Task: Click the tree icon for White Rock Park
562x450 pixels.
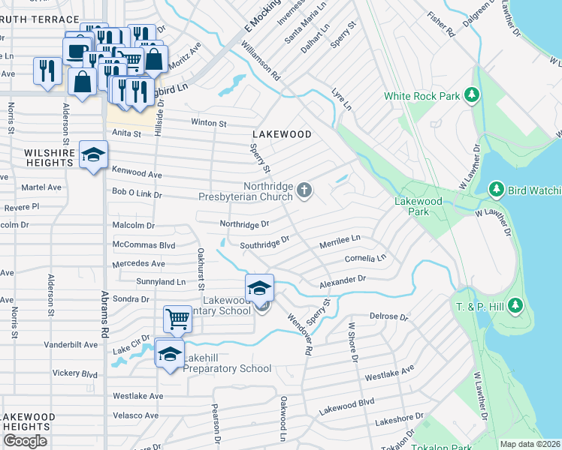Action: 472,95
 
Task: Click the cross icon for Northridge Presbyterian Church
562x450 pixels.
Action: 304,190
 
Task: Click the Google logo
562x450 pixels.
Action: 25,441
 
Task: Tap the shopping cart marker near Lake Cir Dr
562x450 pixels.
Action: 178,319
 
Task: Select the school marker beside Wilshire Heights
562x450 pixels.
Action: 94,156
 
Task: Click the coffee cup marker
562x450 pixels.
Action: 77,51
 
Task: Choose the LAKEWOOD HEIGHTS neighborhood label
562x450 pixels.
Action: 28,421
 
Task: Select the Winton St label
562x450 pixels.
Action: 209,122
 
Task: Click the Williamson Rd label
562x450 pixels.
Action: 261,61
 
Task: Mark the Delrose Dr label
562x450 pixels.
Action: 388,317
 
